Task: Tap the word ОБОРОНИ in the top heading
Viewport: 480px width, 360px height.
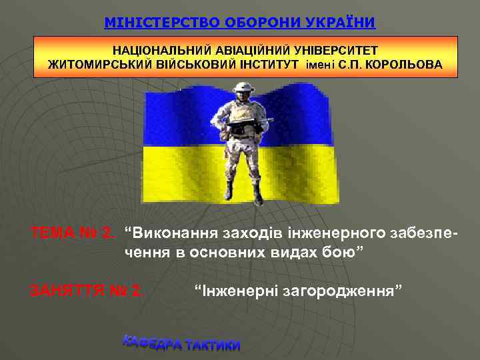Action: (x=255, y=23)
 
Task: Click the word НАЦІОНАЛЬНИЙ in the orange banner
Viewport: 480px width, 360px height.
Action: (x=163, y=51)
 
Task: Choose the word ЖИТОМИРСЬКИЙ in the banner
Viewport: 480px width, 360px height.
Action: (x=98, y=65)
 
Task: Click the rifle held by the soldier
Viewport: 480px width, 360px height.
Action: (x=249, y=122)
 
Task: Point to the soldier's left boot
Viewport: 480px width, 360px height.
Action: (x=257, y=194)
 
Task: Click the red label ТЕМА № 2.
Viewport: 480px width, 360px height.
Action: (x=73, y=233)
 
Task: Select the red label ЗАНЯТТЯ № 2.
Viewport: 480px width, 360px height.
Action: (x=87, y=290)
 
